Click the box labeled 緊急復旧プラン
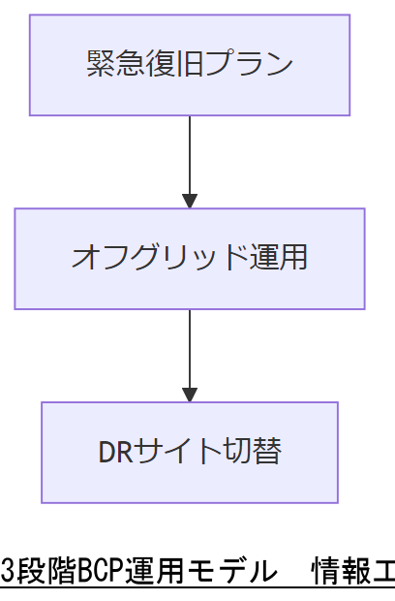coord(189,65)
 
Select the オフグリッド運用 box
coord(189,258)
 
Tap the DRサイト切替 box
coord(189,452)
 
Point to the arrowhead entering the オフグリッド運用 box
coord(190,201)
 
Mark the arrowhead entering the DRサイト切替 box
coord(190,395)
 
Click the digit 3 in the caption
coord(7,573)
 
